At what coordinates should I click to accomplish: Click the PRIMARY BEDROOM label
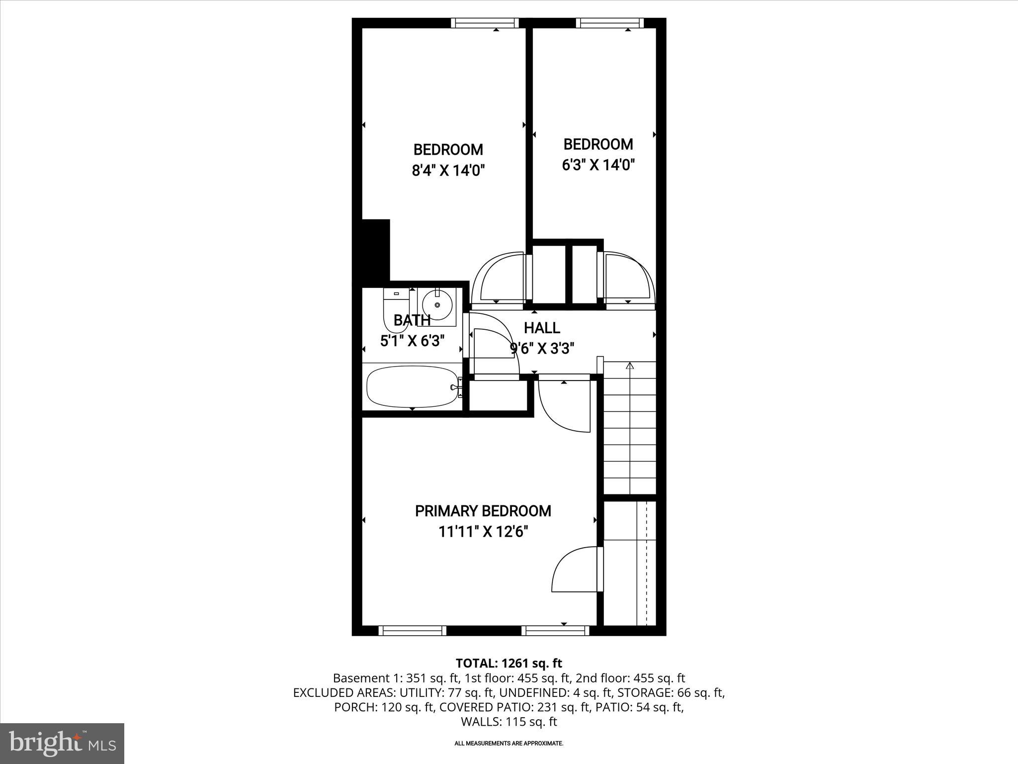point(483,511)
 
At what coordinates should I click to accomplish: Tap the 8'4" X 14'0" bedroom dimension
point(448,171)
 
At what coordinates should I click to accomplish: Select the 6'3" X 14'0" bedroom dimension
point(598,165)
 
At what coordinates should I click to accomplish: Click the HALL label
point(542,328)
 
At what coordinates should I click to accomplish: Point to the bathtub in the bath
point(413,386)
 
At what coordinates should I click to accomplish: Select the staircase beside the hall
point(630,428)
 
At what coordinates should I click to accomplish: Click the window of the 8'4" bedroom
point(485,23)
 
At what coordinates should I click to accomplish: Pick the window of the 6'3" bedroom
point(609,23)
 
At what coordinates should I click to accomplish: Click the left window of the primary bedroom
point(412,630)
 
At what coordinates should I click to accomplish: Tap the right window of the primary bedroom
point(555,630)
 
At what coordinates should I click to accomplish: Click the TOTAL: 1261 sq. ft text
point(509,663)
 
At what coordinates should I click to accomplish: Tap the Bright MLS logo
point(62,744)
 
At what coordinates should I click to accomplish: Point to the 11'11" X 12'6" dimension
point(483,532)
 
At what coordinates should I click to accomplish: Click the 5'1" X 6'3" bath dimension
point(412,341)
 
